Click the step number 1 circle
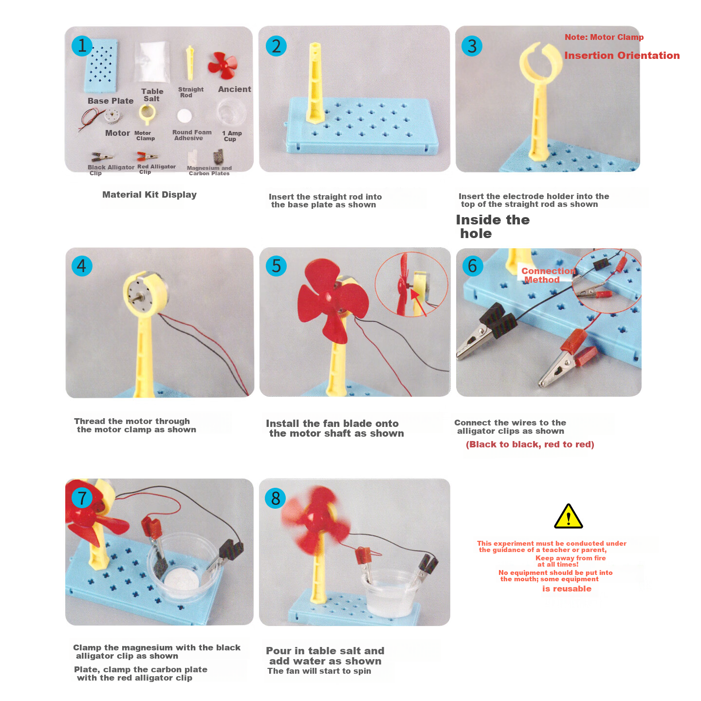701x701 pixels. pos(82,46)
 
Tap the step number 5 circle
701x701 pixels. pos(276,266)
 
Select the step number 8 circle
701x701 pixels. pos(276,498)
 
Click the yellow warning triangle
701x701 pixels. pos(568,517)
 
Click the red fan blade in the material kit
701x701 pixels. pos(222,66)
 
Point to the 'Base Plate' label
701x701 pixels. pos(111,101)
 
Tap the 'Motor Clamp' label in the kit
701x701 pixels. pos(145,136)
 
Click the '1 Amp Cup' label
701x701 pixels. pos(232,136)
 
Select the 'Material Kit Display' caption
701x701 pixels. pos(149,195)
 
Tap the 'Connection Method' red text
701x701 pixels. pos(548,276)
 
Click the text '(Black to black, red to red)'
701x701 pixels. pos(530,444)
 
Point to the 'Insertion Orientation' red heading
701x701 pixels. pos(622,55)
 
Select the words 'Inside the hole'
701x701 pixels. pos(493,226)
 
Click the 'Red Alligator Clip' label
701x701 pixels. pos(156,169)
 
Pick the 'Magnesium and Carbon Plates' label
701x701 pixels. pos(209,170)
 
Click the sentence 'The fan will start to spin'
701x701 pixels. pos(319,671)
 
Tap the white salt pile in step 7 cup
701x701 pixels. pos(182,579)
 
